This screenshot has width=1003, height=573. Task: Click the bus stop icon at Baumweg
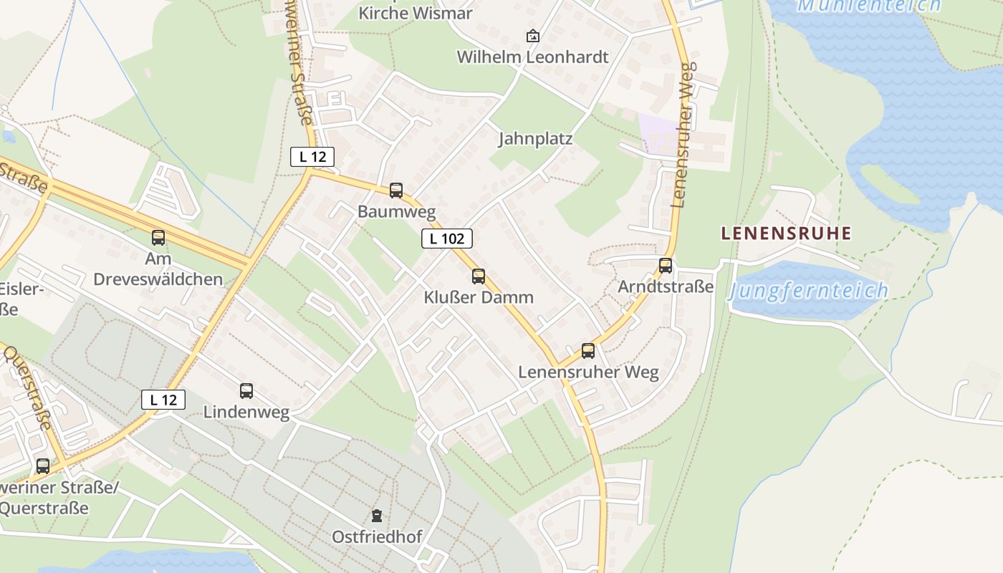(396, 191)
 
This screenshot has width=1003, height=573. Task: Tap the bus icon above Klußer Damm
(479, 276)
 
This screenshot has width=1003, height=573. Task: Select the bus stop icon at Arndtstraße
(666, 266)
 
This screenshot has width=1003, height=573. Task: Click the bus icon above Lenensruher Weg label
(588, 351)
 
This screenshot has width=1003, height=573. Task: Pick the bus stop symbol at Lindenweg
(246, 391)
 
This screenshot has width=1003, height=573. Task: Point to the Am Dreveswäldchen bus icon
(158, 238)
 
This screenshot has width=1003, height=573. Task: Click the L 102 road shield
(447, 239)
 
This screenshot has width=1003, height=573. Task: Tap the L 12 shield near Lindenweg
(163, 400)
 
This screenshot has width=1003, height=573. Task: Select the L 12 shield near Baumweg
(312, 156)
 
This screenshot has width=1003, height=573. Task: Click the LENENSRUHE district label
(786, 233)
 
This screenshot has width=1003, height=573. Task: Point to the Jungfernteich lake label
(808, 291)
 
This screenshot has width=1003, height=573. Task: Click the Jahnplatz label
(535, 139)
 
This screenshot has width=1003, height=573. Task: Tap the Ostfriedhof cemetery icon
(377, 515)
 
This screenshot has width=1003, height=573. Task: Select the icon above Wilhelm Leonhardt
(533, 36)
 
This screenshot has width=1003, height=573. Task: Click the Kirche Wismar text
(415, 13)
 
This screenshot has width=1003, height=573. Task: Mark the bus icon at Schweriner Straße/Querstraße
(43, 466)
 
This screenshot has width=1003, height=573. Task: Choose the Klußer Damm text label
(479, 297)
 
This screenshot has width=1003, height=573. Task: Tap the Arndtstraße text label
(666, 287)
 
